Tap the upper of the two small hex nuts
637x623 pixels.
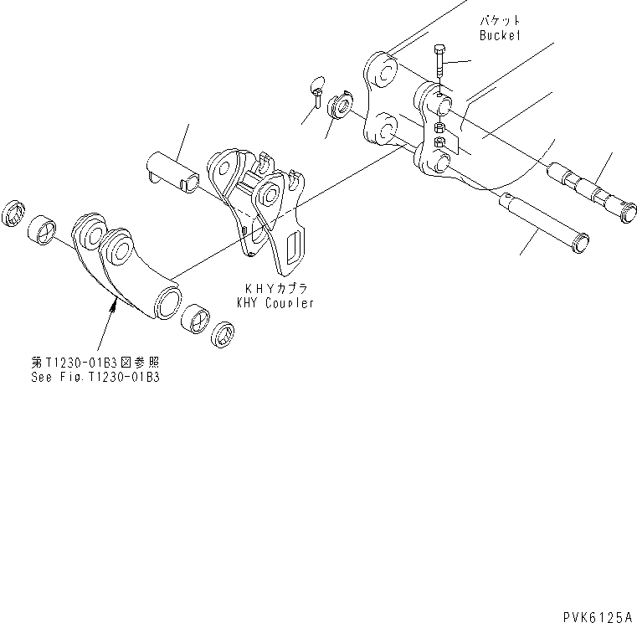439,128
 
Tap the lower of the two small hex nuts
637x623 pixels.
439,143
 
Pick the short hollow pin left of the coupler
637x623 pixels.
174,171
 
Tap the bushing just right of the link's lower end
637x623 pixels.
197,316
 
